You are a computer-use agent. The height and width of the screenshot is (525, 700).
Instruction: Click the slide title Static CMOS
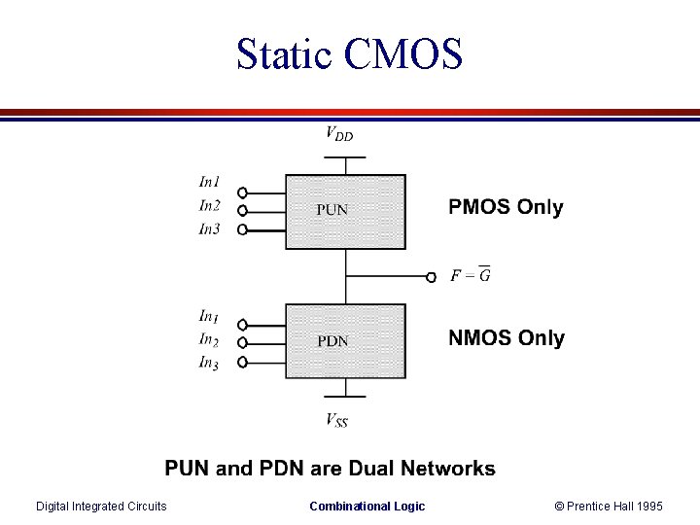pos(349,54)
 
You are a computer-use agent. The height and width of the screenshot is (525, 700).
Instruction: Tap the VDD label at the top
pos(338,134)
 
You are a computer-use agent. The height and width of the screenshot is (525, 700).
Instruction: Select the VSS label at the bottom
pos(336,420)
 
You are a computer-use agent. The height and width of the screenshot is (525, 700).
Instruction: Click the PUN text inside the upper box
pos(332,209)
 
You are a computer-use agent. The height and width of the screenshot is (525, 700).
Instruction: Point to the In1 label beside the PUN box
pos(209,182)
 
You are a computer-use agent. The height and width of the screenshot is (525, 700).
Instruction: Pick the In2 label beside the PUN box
pos(209,205)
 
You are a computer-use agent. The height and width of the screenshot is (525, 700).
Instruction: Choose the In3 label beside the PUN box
pos(209,228)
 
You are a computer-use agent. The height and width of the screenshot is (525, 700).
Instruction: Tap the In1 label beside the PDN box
pos(208,316)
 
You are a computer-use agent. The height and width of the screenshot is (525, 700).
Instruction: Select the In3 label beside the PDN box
pos(208,363)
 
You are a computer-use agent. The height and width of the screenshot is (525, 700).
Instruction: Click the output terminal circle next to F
pos(432,277)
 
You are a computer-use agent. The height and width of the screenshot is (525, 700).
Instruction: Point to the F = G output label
pos(471,275)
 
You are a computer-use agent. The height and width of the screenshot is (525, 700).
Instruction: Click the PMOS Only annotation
pos(506,207)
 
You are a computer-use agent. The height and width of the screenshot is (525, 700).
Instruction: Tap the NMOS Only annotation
pos(506,338)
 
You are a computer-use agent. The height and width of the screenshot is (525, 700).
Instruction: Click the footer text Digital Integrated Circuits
pos(101,506)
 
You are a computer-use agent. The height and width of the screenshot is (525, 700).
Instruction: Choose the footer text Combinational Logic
pos(367,506)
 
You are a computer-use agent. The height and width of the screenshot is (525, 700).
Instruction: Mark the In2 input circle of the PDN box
pos(242,343)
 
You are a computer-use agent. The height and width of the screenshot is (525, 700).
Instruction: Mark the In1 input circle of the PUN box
pos(242,192)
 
